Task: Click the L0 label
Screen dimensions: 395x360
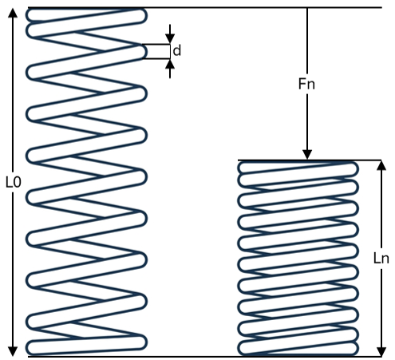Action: click(x=14, y=183)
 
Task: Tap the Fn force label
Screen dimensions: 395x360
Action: click(x=306, y=84)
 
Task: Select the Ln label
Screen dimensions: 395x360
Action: click(x=381, y=258)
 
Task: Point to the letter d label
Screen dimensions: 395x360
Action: click(x=177, y=50)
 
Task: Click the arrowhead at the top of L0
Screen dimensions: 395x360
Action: click(x=13, y=13)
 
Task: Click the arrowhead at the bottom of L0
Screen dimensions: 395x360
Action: click(x=13, y=351)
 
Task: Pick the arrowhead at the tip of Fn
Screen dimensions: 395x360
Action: click(x=307, y=155)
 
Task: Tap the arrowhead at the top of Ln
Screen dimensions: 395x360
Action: click(x=381, y=165)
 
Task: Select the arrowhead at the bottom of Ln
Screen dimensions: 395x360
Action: click(x=381, y=351)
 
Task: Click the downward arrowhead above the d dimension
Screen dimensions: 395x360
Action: click(x=170, y=39)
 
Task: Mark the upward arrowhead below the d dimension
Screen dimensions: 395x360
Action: click(x=170, y=64)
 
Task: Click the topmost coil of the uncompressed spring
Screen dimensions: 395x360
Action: click(x=86, y=15)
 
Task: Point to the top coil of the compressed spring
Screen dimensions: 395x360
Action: click(x=298, y=168)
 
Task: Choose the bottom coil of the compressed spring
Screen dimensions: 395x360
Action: click(x=298, y=348)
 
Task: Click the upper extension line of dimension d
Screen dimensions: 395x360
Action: click(x=156, y=44)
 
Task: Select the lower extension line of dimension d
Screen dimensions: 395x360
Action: click(x=156, y=58)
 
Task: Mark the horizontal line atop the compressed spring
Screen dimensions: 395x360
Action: click(x=310, y=160)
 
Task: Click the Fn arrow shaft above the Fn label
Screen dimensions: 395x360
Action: click(x=307, y=42)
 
